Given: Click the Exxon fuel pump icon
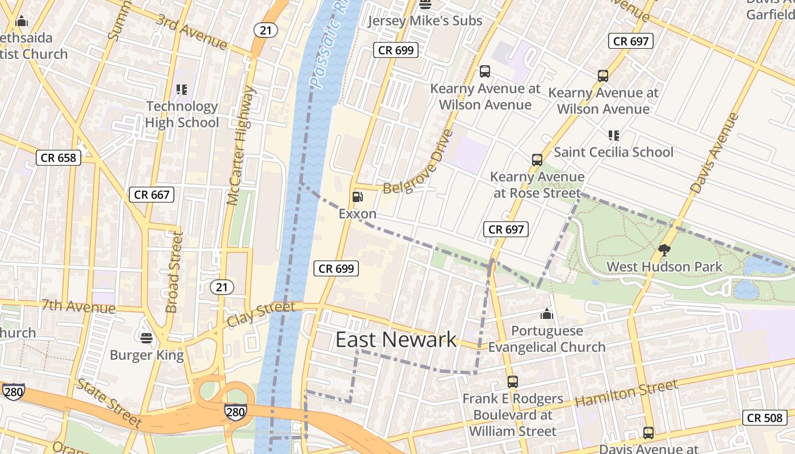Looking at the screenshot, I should coord(358,197).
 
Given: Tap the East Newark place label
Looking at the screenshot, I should coord(396,339).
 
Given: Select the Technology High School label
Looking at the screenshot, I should coord(182,115).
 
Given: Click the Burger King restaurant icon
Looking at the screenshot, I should coord(147,338).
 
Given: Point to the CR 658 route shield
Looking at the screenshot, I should coord(59,158).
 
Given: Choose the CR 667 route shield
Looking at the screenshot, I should coord(152,195).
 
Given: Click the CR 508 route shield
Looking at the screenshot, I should coord(764,418).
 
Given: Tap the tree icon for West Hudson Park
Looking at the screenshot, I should coord(664,250).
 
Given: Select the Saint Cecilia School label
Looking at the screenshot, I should coord(613,152).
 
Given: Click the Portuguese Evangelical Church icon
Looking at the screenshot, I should coord(546,314).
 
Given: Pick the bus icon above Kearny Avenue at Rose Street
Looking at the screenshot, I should coord(537,160).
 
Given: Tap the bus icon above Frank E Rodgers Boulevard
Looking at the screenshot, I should coord(512,382).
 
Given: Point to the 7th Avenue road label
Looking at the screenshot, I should coord(78,306).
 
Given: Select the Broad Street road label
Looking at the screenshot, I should coord(174,272).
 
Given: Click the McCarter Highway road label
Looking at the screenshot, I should coord(241,146).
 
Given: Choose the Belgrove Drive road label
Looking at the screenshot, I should coord(419,162).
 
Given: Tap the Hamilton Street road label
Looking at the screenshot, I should coord(626,393).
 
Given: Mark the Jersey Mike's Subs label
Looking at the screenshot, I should coord(425,21).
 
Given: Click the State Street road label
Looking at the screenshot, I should coord(109,403).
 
